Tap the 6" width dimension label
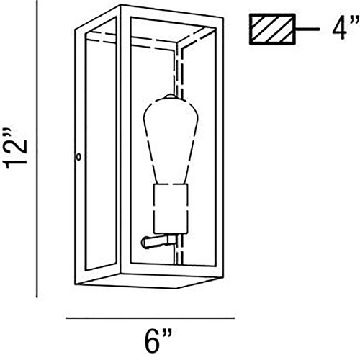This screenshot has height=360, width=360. click(158, 340)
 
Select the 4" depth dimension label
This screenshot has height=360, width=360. click(346, 27)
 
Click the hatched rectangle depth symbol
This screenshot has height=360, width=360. click(272, 29)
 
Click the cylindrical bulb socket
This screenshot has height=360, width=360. click(171, 209)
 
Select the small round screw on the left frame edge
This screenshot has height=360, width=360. click(78, 157)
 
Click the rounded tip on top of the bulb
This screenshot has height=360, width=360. click(171, 96)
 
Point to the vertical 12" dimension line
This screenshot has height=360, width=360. click(37, 149)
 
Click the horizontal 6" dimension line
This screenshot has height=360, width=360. click(150, 318)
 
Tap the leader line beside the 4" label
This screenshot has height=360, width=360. click(307, 29)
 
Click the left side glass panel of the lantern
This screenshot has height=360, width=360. click(101, 153)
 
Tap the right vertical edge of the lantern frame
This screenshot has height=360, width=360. click(220, 149)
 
